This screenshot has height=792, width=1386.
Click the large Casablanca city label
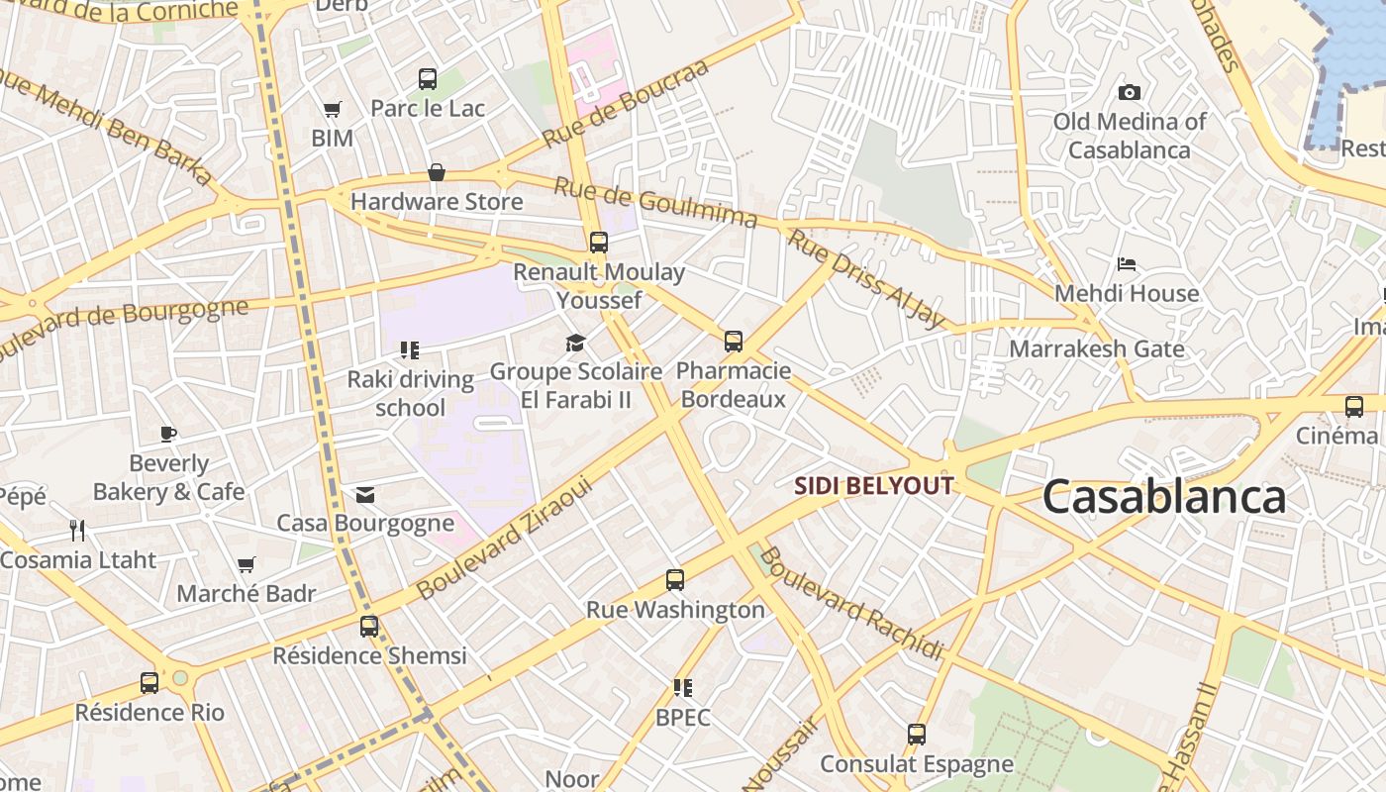tap(1163, 497)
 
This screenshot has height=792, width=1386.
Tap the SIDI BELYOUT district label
tap(874, 486)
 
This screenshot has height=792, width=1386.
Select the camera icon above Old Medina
tap(1129, 93)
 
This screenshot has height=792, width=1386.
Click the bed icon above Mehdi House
tap(1127, 264)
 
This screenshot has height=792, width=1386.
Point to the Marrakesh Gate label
tap(1096, 348)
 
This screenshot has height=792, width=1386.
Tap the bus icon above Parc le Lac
tap(428, 79)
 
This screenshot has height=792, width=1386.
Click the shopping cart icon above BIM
tap(332, 109)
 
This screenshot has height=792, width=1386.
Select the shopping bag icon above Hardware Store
tap(436, 173)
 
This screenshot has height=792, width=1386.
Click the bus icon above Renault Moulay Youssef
tap(598, 243)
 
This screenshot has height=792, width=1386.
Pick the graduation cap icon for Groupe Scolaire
tap(575, 344)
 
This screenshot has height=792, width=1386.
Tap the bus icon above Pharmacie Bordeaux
tap(733, 342)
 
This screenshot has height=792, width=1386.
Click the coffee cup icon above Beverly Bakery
tap(168, 434)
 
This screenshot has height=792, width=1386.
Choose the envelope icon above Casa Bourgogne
tap(364, 495)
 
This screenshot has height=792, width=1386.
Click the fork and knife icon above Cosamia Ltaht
tap(77, 531)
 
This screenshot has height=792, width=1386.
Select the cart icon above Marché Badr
tap(246, 565)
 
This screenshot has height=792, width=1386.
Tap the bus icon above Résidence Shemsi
tap(369, 627)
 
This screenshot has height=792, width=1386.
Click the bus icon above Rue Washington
tap(675, 580)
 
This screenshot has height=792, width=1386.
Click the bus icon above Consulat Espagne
tap(917, 735)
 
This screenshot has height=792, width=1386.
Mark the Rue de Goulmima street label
tap(655, 202)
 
